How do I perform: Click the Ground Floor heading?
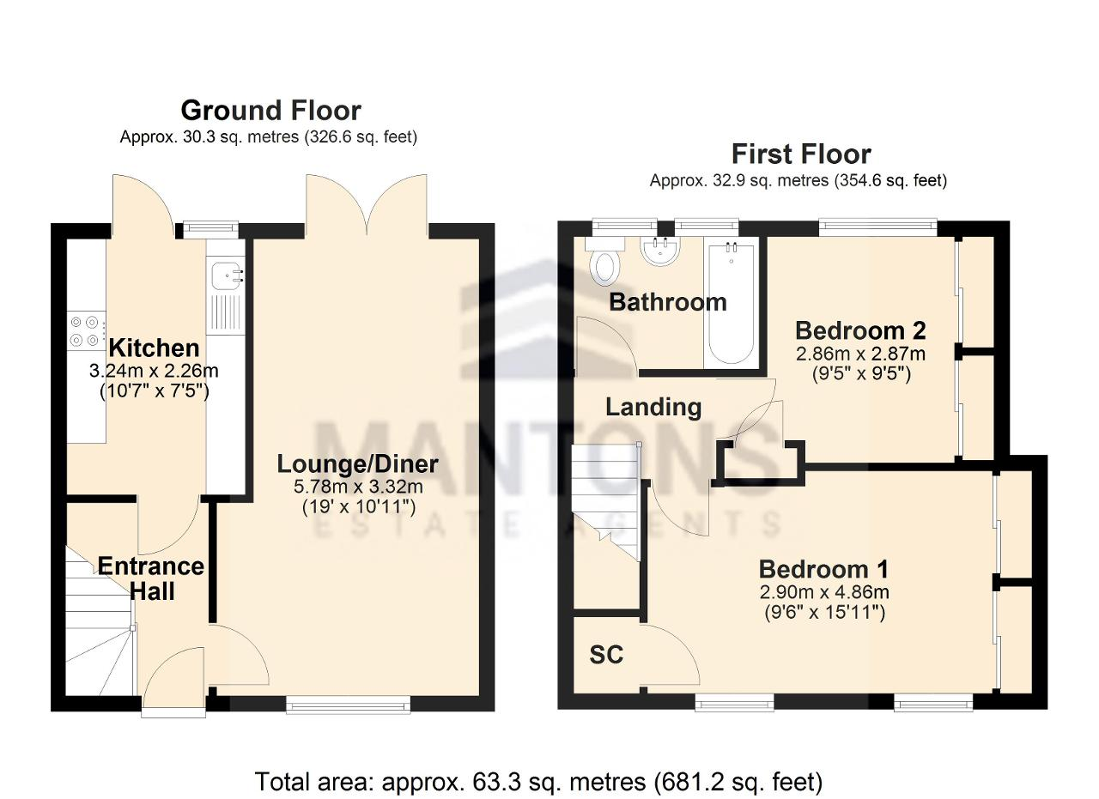click(270, 111)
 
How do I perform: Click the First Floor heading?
click(801, 154)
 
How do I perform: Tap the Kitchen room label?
click(154, 348)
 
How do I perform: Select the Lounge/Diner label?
click(358, 464)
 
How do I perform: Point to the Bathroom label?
click(668, 302)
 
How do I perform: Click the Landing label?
click(653, 407)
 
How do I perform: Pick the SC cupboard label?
click(606, 654)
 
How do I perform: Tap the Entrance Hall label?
click(151, 578)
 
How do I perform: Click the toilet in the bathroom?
click(608, 262)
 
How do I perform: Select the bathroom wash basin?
click(660, 251)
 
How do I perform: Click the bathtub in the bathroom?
click(731, 304)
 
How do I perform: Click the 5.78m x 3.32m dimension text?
click(358, 487)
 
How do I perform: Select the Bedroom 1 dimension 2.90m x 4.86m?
click(824, 592)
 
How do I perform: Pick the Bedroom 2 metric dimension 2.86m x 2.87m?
click(860, 354)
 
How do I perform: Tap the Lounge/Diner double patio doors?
click(367, 206)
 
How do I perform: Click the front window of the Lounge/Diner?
click(349, 705)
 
